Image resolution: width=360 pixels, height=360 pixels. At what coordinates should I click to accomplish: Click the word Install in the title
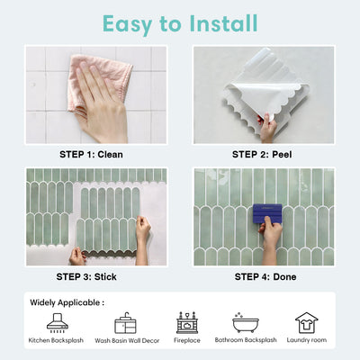point(223,23)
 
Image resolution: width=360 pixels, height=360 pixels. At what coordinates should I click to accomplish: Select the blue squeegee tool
point(267,213)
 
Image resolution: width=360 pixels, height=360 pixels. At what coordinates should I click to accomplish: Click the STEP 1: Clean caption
point(91,155)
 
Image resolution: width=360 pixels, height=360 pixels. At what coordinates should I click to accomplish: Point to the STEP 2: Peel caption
point(262,155)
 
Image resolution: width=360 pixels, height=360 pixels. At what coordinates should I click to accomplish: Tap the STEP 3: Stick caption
point(86,276)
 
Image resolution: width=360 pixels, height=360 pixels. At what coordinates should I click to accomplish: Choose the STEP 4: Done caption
point(265,276)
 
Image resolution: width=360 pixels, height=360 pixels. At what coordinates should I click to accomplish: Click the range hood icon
point(58,323)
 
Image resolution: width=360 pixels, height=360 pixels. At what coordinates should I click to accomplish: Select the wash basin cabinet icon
point(125,323)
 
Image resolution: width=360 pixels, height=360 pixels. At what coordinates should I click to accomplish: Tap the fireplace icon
point(187,323)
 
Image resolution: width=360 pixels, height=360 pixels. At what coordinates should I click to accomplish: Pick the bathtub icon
point(246,322)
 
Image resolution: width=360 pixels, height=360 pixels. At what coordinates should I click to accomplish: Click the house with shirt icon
point(307,323)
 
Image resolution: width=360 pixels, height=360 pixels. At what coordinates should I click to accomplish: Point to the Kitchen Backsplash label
point(56,340)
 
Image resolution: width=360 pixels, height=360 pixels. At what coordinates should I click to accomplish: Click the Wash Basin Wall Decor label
point(127,340)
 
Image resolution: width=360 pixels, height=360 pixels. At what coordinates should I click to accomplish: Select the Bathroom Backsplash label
point(246,340)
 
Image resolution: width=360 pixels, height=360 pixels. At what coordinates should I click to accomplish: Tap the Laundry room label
point(307,340)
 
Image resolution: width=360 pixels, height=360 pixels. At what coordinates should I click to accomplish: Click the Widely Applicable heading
point(67,302)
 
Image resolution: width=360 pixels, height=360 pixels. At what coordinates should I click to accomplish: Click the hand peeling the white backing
point(267,128)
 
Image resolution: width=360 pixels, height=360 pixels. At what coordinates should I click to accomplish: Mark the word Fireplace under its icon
point(187,340)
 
